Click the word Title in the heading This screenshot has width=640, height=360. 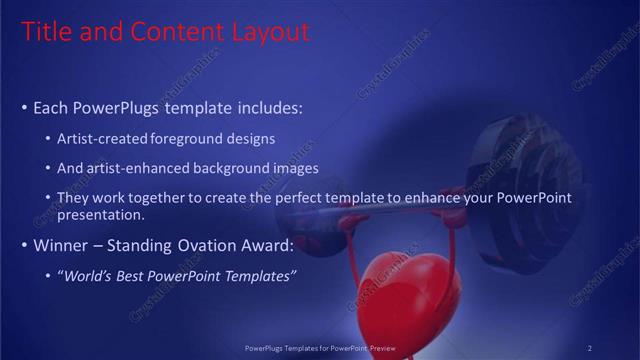point(46,32)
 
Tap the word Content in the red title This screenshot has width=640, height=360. point(170,32)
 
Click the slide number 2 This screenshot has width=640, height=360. point(589,347)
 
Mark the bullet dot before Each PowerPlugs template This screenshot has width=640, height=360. point(24,107)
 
